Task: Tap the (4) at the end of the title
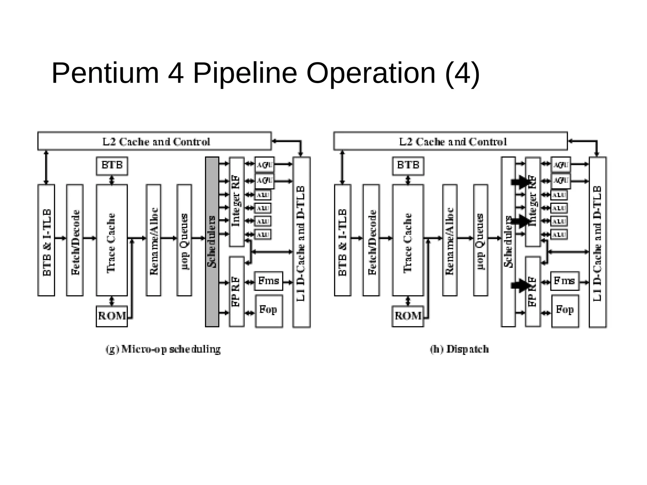[x=462, y=73]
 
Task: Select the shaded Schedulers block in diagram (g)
[x=212, y=242]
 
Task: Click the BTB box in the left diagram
[x=112, y=166]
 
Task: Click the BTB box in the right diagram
[x=408, y=166]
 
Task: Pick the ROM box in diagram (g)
[x=112, y=316]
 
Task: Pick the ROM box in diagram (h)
[x=408, y=316]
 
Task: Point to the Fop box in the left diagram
[x=269, y=311]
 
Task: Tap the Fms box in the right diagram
[x=565, y=281]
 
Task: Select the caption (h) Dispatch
[x=459, y=349]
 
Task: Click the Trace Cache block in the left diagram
[x=112, y=240]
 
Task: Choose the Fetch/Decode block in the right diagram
[x=371, y=240]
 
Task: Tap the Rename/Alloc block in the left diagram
[x=153, y=240]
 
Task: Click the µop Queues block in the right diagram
[x=481, y=240]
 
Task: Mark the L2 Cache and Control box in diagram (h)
[x=450, y=141]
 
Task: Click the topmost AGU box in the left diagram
[x=264, y=165]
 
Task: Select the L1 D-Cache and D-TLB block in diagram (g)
[x=301, y=242]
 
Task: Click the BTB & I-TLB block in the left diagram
[x=46, y=240]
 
